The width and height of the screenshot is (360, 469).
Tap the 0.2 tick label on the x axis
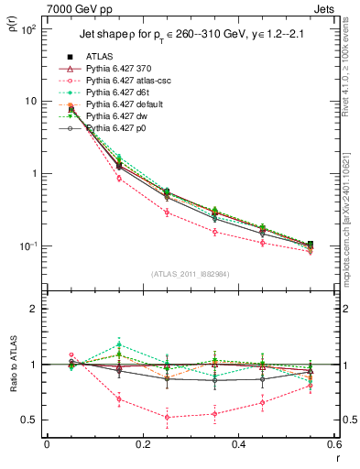tap(142, 444)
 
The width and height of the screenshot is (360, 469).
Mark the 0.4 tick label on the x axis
tap(237, 444)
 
